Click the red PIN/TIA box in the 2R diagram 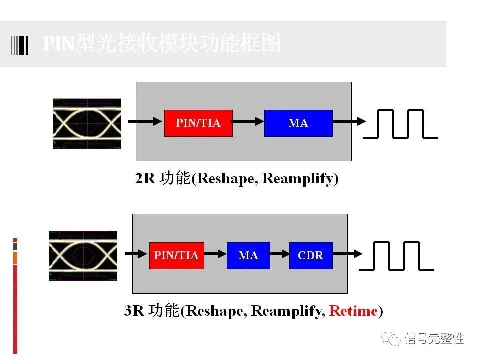click(x=198, y=123)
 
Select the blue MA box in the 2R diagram click(x=298, y=123)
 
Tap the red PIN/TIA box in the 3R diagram click(x=176, y=255)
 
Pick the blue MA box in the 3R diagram click(x=248, y=255)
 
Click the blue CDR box click(x=311, y=255)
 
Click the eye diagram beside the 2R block click(x=87, y=123)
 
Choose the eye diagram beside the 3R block click(x=83, y=256)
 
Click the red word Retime click(x=353, y=311)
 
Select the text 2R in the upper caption click(x=145, y=179)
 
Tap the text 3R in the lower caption click(x=134, y=311)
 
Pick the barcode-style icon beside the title click(x=20, y=44)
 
